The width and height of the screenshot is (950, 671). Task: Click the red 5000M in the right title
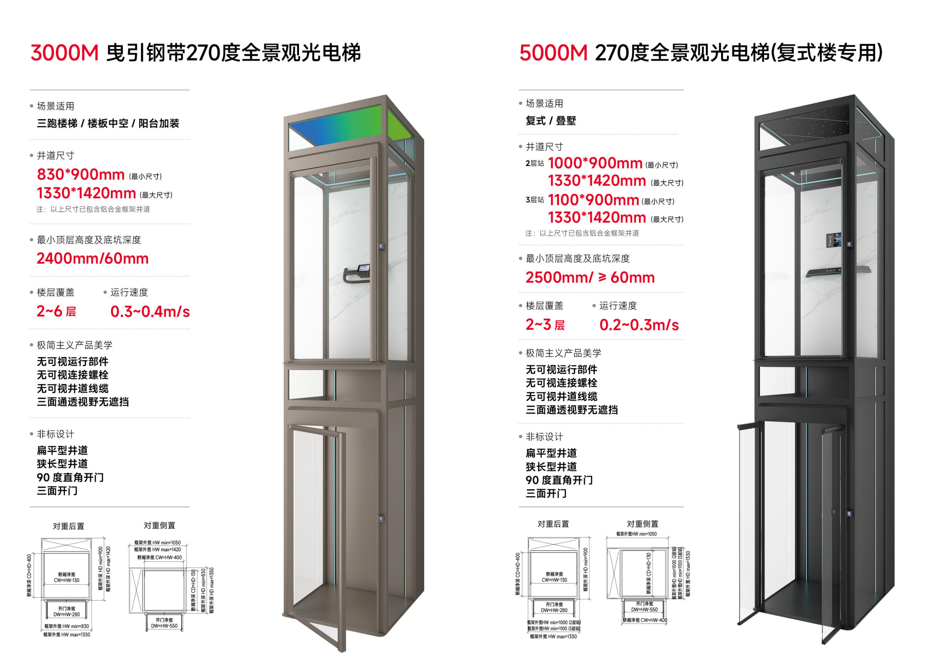553,53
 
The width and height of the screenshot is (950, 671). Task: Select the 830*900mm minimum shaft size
81,174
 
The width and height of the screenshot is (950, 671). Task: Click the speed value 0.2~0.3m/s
639,325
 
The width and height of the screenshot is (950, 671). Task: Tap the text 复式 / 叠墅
551,121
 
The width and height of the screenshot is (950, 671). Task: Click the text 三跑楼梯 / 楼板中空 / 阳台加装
108,123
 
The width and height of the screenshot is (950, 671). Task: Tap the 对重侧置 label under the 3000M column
159,525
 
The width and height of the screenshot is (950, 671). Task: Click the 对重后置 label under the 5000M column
553,524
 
